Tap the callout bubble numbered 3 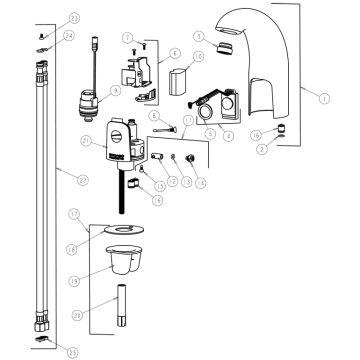[x=199, y=37]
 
